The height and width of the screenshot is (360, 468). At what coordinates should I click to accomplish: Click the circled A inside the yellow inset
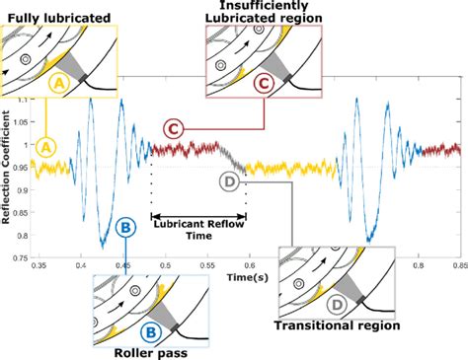[59, 86]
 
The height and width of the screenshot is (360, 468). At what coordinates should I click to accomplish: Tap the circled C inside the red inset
[263, 85]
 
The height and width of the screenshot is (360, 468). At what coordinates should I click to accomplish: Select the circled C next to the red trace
[172, 128]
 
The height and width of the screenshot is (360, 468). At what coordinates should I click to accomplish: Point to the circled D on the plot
[229, 181]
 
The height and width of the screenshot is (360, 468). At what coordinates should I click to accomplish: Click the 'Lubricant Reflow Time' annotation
[197, 230]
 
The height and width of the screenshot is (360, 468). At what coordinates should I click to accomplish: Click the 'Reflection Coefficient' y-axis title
[7, 180]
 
